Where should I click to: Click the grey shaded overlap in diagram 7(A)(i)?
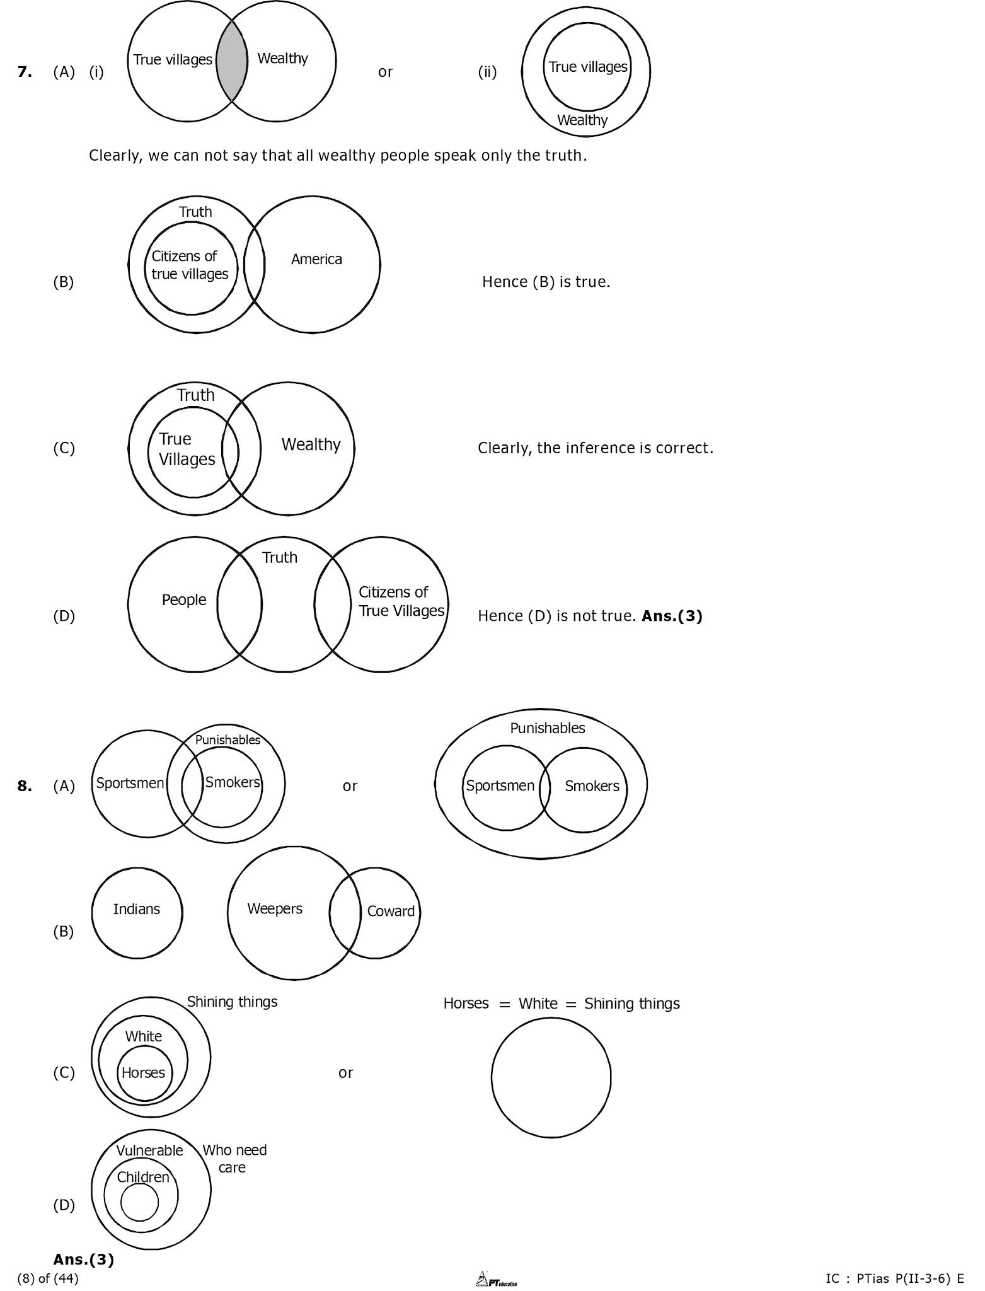pos(232,61)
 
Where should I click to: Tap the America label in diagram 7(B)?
pos(316,259)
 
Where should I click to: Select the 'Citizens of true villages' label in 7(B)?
pos(190,265)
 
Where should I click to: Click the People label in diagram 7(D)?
pos(184,599)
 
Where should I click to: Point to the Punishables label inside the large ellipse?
pos(547,728)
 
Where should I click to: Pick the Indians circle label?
pos(136,909)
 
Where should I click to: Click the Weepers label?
pos(275,908)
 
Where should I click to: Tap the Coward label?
pos(391,911)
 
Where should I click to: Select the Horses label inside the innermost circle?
pos(143,1072)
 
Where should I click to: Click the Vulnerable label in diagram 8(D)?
pos(149,1150)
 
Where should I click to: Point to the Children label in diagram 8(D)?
pos(143,1177)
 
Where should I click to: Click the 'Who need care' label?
pos(234,1159)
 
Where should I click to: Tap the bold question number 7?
pos(25,72)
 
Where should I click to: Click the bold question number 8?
pos(25,786)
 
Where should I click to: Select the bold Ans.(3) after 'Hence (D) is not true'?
pos(672,616)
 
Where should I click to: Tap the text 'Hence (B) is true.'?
pos(546,282)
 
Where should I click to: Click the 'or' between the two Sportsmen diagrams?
pos(350,786)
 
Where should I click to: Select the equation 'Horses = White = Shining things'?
pos(562,1004)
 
